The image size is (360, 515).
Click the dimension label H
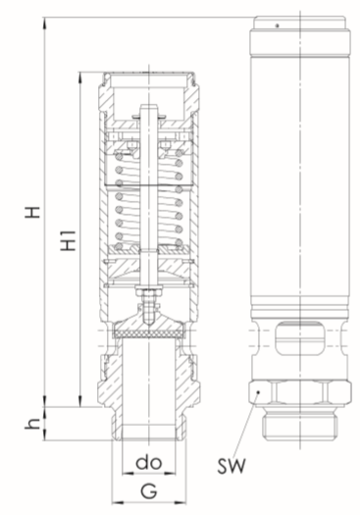(32, 212)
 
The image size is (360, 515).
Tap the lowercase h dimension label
(32, 424)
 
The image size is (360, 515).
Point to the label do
(149, 462)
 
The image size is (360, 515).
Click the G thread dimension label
(149, 491)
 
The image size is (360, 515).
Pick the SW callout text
(231, 465)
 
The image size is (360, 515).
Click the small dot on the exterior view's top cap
(278, 26)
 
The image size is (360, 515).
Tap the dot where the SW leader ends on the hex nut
(259, 391)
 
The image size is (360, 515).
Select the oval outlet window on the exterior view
(300, 338)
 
